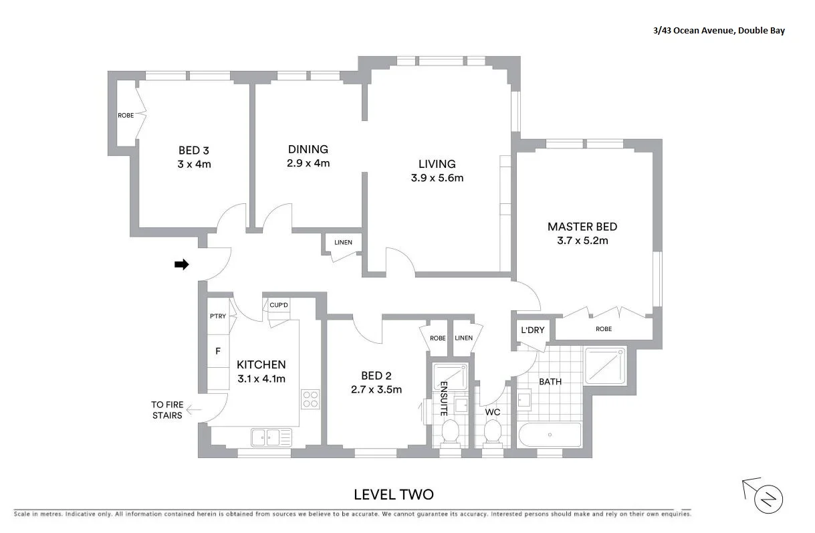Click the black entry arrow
tap(181, 265)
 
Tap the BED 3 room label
tap(194, 150)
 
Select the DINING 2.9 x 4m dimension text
tap(308, 163)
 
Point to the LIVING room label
tap(437, 164)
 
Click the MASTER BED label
tap(582, 227)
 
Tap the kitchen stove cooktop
tap(310, 399)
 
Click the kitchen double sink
tap(271, 437)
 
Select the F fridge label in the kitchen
tap(217, 350)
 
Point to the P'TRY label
tap(217, 316)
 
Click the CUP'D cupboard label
tap(279, 306)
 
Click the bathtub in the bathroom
tap(550, 435)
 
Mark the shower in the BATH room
tap(605, 365)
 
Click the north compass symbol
tap(767, 498)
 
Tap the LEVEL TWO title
tap(393, 495)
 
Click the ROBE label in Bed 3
tap(126, 116)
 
